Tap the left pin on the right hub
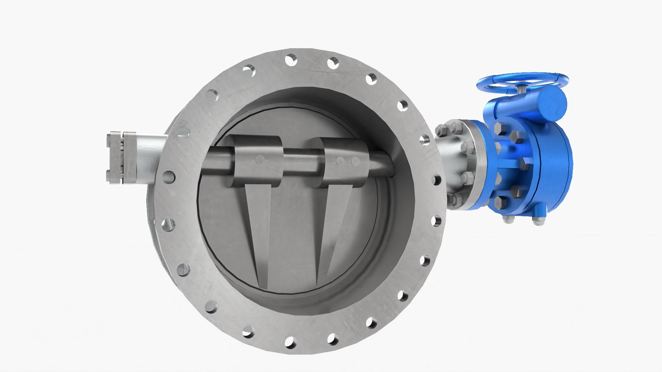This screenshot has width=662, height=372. (x=341, y=161)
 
